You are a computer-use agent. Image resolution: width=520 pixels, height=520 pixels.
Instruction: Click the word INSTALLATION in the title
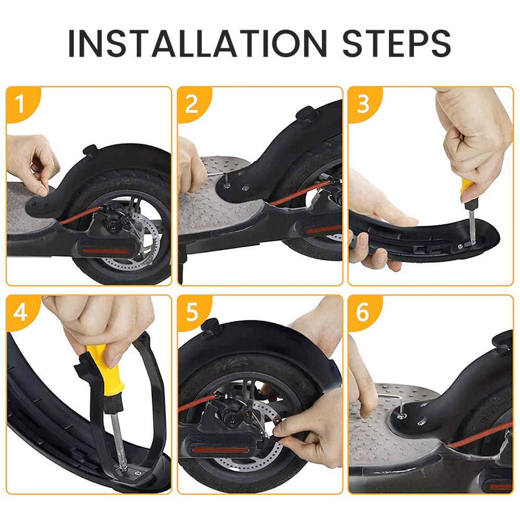point(197,43)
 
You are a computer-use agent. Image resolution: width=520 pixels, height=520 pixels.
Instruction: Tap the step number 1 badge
point(20,104)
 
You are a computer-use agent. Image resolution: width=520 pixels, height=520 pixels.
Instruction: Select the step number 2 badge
point(192,104)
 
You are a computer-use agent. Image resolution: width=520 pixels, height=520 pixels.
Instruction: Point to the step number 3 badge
point(363,104)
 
